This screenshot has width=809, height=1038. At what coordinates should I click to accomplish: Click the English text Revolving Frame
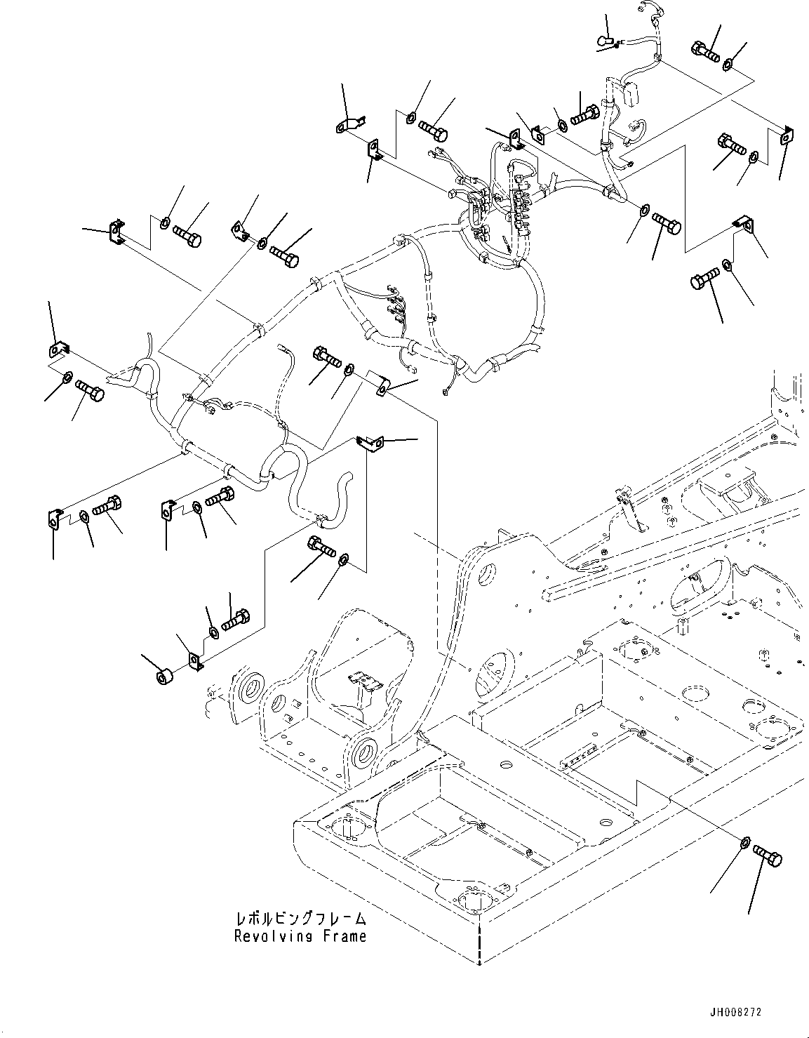[300, 936]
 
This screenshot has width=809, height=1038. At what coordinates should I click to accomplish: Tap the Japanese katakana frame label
[300, 919]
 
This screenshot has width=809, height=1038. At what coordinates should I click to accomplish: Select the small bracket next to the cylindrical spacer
[196, 660]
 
